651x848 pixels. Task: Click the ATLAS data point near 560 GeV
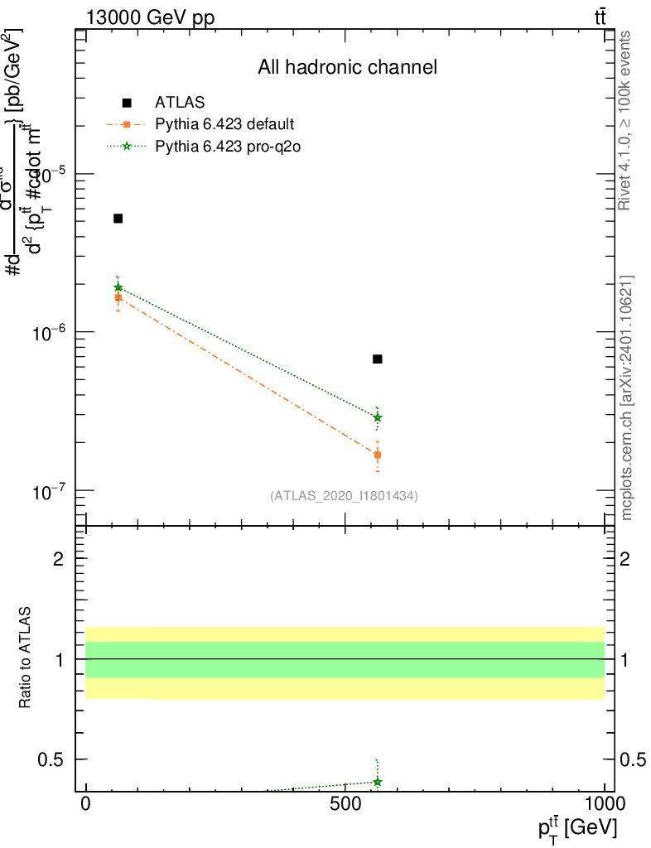[378, 359]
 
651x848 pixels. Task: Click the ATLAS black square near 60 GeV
[118, 219]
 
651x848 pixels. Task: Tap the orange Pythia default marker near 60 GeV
[118, 297]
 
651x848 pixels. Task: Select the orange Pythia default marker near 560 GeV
[378, 455]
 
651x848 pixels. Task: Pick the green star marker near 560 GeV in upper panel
[378, 417]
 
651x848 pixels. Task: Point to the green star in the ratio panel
[378, 782]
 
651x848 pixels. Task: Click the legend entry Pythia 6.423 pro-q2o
[225, 147]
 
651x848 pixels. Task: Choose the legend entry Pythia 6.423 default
[224, 125]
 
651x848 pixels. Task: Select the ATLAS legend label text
[180, 104]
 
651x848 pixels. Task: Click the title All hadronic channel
[347, 68]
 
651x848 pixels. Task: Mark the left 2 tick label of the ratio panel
[57, 559]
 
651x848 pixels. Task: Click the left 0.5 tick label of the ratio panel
[52, 759]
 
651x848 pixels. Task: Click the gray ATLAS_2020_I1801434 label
[344, 496]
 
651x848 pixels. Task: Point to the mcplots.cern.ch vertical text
[627, 397]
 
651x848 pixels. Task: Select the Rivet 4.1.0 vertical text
[627, 120]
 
